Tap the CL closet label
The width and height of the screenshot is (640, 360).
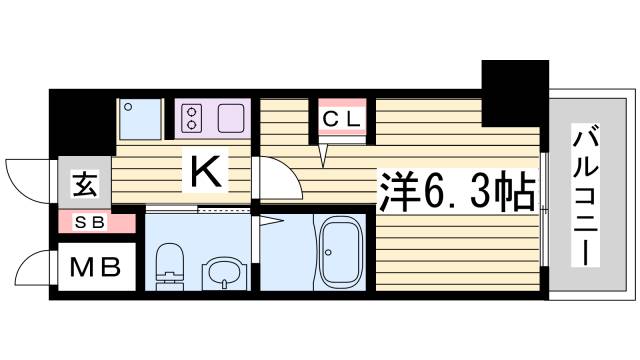click(343, 120)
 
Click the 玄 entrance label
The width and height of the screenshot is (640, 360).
click(85, 186)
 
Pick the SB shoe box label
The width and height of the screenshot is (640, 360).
click(85, 223)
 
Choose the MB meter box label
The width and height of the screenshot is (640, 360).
click(95, 267)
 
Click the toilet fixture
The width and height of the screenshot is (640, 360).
click(169, 265)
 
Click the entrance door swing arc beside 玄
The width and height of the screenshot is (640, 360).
click(27, 181)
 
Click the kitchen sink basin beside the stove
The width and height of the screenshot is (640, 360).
click(231, 118)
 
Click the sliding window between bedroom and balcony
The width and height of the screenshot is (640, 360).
click(543, 210)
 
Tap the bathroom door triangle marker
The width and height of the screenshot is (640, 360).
click(273, 221)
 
